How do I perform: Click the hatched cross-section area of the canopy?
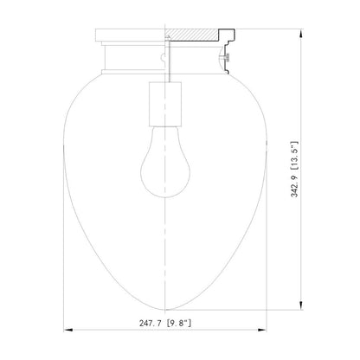pyautogui.click(x=190, y=35)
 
